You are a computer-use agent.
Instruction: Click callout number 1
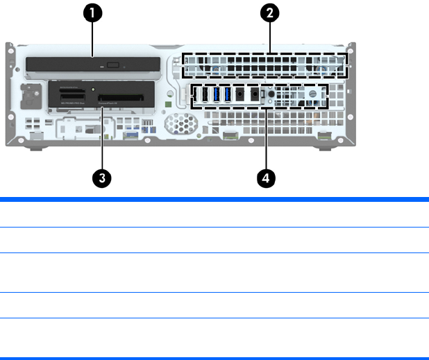93,12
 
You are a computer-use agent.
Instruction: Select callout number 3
102,178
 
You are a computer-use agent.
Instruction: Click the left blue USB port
216,94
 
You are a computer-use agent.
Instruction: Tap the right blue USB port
226,94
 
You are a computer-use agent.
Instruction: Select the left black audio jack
239,95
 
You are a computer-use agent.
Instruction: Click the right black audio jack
255,95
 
